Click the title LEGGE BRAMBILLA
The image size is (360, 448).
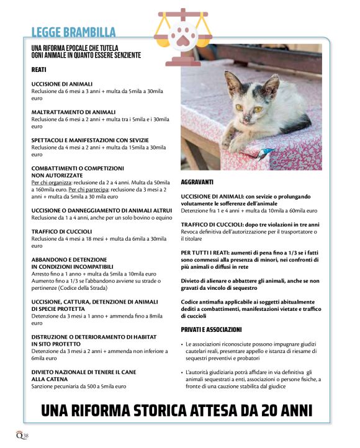(73, 32)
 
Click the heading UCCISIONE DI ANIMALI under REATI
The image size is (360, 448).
(61, 84)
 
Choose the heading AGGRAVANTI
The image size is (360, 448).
(197, 182)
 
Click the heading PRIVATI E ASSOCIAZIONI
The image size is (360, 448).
(211, 329)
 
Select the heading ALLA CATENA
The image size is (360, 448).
(51, 379)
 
